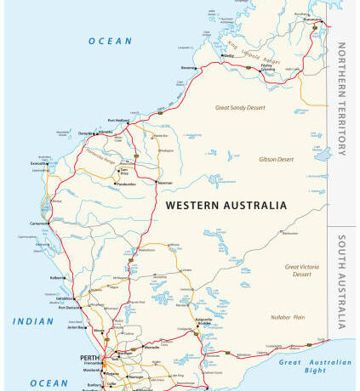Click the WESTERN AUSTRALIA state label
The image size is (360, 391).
coord(226,205)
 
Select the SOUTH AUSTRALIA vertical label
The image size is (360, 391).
coord(341,281)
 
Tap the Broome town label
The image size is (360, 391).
coord(188,67)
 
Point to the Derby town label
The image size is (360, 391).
coord(228,56)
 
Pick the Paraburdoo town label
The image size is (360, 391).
coord(126,183)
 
